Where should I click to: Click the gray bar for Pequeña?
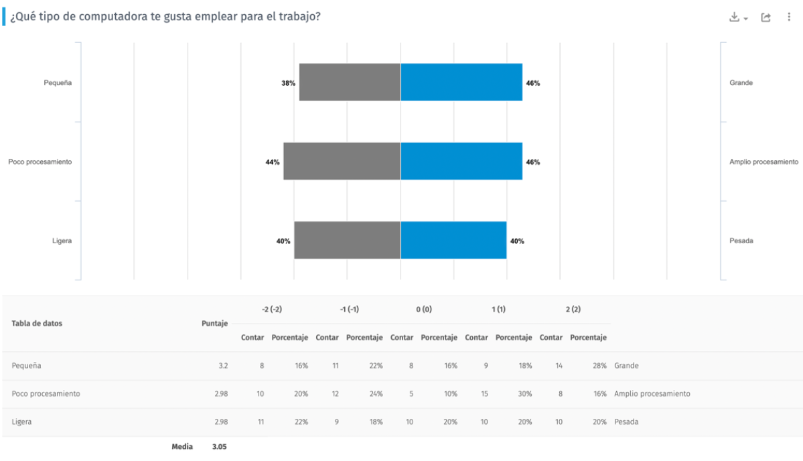coord(350,82)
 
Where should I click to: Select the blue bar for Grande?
coord(461,82)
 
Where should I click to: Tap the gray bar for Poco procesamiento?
coord(342,161)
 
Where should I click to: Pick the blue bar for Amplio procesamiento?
coord(461,161)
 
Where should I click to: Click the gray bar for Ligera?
coord(347,241)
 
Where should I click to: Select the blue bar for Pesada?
coord(453,241)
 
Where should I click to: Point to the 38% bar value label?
coord(288,83)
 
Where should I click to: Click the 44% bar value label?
coord(272,162)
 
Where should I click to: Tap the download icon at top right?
coord(735,17)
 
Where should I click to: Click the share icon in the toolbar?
coord(765,17)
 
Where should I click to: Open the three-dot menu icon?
coord(788,17)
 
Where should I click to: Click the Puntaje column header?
coord(214,324)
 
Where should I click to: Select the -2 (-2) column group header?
coord(271,310)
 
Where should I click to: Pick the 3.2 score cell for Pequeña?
coord(222,366)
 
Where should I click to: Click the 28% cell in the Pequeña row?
coord(599,366)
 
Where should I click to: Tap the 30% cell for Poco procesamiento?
coord(525,394)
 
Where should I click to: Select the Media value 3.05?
coord(219,446)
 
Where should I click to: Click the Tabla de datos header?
coord(37,323)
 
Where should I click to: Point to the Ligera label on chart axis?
coord(62,241)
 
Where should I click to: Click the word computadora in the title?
coord(111,17)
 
